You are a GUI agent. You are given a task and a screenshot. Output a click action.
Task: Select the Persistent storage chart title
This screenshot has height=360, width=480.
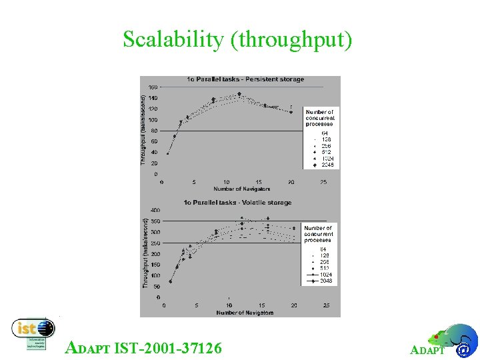point(245,79)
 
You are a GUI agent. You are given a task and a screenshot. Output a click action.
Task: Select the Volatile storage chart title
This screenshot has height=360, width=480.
point(239,203)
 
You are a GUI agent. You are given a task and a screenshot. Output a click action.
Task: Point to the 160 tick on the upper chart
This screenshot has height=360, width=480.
point(153,87)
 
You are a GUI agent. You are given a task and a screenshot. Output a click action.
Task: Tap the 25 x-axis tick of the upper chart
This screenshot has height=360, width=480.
point(323,182)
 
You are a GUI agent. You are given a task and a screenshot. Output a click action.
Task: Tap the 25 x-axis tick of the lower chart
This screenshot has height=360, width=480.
point(326,305)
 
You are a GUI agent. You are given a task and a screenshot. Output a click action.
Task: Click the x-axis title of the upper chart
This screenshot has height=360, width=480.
point(240,189)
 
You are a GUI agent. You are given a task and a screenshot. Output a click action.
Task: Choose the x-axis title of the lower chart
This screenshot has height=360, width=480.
point(244,312)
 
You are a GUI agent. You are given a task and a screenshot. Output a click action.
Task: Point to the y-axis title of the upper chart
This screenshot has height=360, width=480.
point(143,129)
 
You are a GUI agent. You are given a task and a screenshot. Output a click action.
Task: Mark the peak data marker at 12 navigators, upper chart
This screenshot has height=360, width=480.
point(239,94)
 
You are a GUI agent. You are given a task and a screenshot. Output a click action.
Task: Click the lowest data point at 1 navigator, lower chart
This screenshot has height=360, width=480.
point(170,281)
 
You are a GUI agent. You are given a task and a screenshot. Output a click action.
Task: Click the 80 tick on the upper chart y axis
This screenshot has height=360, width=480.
point(154,131)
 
